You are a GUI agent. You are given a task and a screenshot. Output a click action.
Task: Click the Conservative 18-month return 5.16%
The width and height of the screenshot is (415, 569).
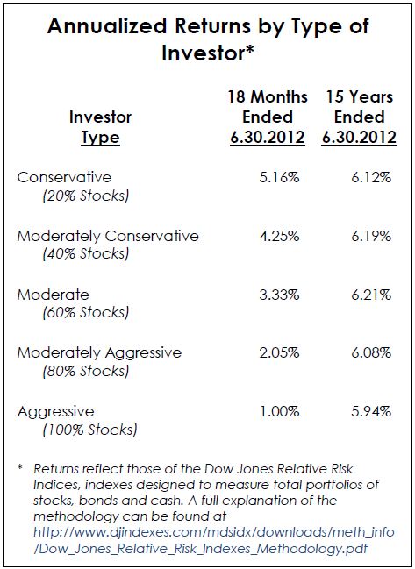coord(279,177)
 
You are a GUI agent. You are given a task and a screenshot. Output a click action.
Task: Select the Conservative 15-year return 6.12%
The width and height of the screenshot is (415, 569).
coord(371,177)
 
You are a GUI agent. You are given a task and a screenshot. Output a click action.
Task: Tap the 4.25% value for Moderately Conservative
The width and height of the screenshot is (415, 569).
coord(279,236)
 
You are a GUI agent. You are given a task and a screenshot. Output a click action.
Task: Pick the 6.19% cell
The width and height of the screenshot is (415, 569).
coord(371,236)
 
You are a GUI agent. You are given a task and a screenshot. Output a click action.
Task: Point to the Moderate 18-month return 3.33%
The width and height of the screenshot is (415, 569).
coord(279,295)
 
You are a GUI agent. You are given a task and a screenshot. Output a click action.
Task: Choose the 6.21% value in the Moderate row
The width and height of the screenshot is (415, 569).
coord(371,295)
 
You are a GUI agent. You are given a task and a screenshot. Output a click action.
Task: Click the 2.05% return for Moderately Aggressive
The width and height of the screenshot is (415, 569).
coord(279,352)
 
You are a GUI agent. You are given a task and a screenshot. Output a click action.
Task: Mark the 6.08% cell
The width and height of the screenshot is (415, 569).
coord(371,352)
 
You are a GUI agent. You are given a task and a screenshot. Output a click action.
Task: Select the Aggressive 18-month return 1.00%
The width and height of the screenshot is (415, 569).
coord(279,411)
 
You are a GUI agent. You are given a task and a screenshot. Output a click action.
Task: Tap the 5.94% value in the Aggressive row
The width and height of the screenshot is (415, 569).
coord(371,411)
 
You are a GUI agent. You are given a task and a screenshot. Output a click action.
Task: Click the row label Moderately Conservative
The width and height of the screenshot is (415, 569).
coord(108,236)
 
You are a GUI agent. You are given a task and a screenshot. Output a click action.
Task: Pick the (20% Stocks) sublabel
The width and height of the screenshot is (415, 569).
coord(86,196)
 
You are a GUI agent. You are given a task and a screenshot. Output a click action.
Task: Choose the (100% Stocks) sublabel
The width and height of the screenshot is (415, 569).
coord(89,430)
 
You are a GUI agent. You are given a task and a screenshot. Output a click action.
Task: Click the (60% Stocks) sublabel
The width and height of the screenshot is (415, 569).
coord(86,313)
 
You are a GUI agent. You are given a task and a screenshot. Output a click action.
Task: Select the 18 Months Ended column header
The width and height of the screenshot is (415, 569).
coord(268,117)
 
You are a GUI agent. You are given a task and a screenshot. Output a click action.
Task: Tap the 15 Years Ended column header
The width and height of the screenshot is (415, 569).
coord(359,117)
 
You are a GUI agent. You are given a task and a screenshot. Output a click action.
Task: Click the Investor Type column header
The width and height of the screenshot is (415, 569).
coord(100,127)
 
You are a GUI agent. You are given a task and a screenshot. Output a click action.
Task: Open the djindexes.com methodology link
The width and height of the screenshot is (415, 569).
coord(214,540)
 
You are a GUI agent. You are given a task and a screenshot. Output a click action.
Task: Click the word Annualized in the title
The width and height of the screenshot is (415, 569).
coord(107,26)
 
